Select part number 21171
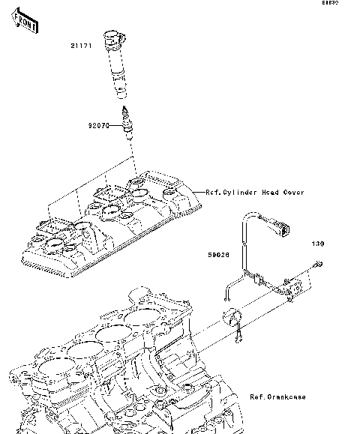(x=81, y=46)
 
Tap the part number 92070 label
(x=97, y=127)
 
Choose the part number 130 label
(x=318, y=244)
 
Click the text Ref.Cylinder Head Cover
(x=254, y=193)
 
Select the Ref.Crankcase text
(x=277, y=397)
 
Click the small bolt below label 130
(x=318, y=263)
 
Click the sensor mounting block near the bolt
(x=295, y=286)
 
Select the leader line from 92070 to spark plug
(x=117, y=127)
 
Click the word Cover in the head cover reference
(x=294, y=193)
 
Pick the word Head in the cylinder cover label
(x=271, y=193)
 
